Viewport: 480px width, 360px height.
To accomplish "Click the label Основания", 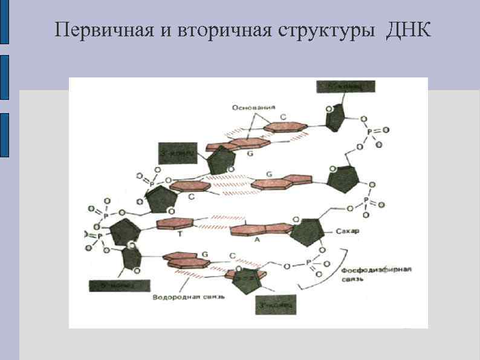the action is pos(249,107).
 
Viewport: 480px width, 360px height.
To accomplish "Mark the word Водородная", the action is pos(172,297).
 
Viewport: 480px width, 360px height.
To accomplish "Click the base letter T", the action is pos(180,235).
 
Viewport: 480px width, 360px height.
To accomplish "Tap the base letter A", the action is pos(257,240).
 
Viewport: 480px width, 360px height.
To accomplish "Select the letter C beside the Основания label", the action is pos(282,117).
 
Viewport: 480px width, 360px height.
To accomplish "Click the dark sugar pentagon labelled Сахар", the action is pos(310,231).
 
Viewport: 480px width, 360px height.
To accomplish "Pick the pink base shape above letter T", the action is pos(175,224).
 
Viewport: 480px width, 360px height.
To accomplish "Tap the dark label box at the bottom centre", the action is pos(275,305).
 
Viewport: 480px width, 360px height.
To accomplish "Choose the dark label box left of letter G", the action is pos(177,154).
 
